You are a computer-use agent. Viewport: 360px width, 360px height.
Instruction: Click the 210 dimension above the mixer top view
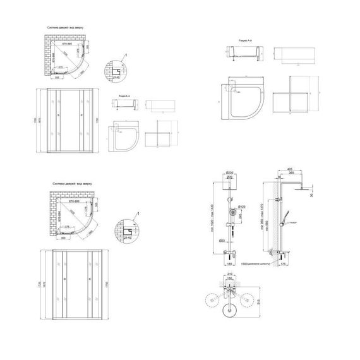click(x=231, y=275)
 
